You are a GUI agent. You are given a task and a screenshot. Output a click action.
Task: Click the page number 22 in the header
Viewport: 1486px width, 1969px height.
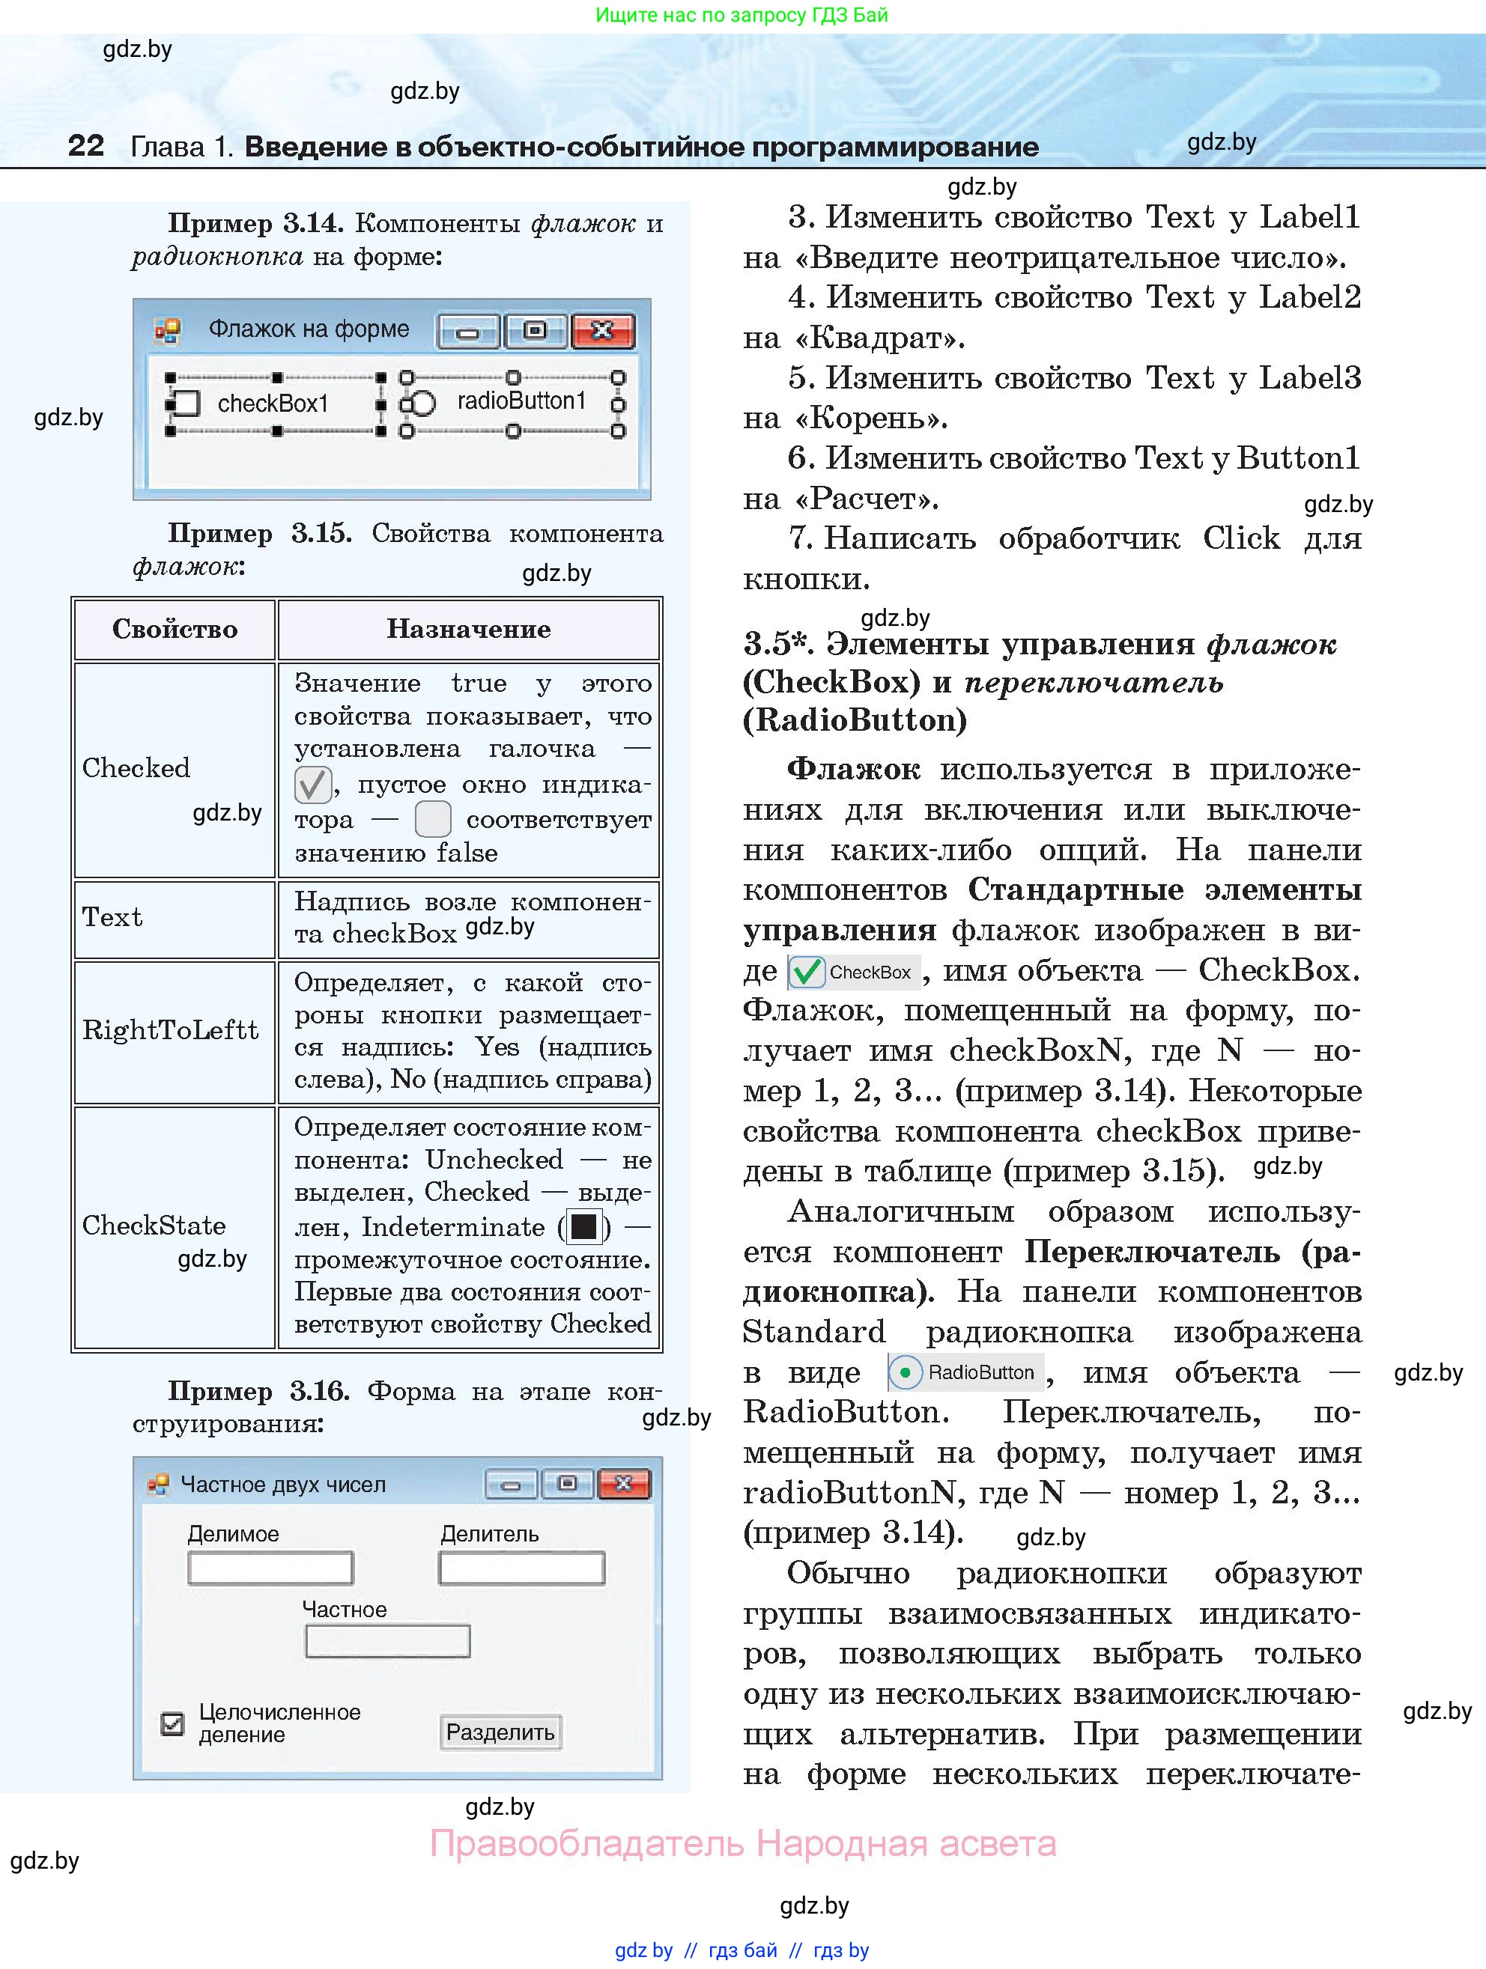pyautogui.click(x=85, y=145)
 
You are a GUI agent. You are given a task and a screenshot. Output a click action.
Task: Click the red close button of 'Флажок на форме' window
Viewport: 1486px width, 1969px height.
pyautogui.click(x=603, y=331)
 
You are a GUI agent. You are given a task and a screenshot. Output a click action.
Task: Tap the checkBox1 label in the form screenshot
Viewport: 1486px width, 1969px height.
pyautogui.click(x=273, y=404)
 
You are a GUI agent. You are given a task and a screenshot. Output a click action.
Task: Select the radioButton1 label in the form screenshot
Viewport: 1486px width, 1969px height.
pyautogui.click(x=521, y=401)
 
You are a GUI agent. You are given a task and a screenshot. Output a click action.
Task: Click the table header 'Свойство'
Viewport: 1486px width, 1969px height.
pyautogui.click(x=175, y=630)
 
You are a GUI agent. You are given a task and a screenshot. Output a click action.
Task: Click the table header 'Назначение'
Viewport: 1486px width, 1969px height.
pyautogui.click(x=468, y=630)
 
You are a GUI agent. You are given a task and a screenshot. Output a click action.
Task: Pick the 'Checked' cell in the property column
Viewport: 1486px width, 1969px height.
pyautogui.click(x=136, y=768)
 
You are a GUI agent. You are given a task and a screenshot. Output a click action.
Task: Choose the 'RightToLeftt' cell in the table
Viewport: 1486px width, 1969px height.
pyautogui.click(x=170, y=1031)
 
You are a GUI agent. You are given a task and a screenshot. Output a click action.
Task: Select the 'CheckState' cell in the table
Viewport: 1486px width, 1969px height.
pyautogui.click(x=153, y=1226)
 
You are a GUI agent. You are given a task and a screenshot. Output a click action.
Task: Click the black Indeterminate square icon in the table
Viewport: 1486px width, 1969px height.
pyautogui.click(x=584, y=1228)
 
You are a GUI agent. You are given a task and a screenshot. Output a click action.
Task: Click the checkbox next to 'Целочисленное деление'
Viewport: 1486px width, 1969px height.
pyautogui.click(x=172, y=1723)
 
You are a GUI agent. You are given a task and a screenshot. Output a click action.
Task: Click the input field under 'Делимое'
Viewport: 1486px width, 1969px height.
pyautogui.click(x=270, y=1568)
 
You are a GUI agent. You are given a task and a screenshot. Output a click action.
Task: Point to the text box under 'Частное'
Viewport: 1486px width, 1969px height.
pyautogui.click(x=387, y=1640)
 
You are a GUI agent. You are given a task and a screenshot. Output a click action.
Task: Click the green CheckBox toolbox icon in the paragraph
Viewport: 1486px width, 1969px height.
pyautogui.click(x=807, y=972)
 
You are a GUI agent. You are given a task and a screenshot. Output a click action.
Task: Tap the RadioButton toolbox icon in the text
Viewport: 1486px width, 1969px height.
pyautogui.click(x=905, y=1372)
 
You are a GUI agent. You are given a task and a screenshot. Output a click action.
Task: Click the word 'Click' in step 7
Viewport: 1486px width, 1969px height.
pyautogui.click(x=1241, y=538)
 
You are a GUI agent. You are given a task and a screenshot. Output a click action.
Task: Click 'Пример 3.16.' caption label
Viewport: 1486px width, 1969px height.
pyautogui.click(x=258, y=1391)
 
